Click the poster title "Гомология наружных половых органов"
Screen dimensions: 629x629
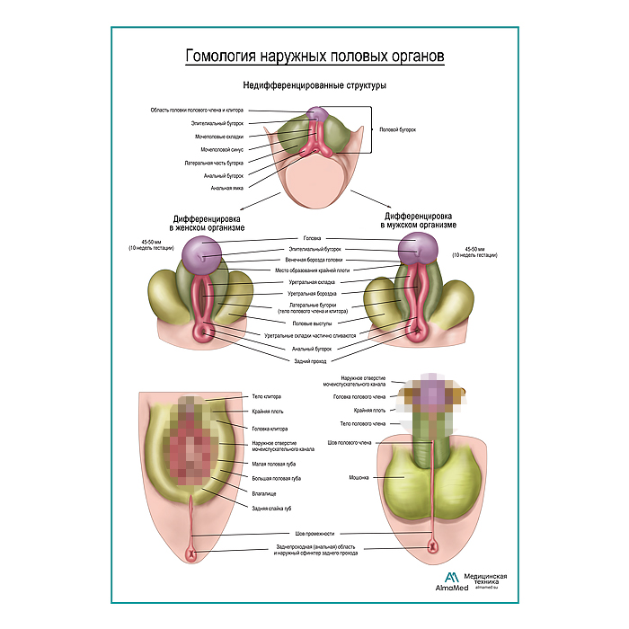[x=314, y=57]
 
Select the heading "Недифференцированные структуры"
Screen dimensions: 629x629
[x=314, y=86]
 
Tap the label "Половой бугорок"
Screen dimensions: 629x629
[x=399, y=129]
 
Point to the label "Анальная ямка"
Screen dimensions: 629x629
[x=227, y=189]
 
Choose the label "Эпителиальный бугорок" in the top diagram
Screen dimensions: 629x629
[x=217, y=123]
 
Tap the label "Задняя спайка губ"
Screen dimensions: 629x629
[x=272, y=509]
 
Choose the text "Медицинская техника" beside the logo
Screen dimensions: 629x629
[x=488, y=579]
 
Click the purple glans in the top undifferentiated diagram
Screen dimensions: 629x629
[x=316, y=115]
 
